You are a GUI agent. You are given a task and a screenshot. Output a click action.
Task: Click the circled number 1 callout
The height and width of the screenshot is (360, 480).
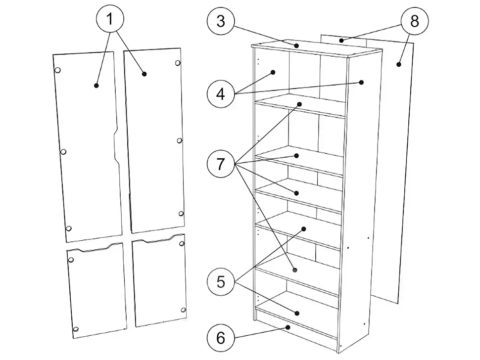pos(110,19)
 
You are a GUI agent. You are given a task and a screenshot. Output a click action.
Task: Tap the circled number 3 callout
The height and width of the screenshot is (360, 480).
pos(221,21)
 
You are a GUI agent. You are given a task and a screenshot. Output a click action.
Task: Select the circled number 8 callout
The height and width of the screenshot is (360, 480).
pos(415,21)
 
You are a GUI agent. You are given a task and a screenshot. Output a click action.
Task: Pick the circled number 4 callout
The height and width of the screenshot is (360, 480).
pos(221,93)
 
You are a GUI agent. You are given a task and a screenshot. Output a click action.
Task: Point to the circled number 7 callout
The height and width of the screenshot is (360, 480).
pos(221,164)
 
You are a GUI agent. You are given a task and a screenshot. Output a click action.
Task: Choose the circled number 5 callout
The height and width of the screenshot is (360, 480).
pos(221,281)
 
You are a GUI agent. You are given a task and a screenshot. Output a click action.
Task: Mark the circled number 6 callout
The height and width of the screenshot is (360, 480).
pos(221,338)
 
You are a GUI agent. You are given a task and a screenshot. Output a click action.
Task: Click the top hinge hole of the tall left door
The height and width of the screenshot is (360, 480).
pos(57,70)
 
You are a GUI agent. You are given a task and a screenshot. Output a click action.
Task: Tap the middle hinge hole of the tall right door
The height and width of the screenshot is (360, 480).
pos(180,140)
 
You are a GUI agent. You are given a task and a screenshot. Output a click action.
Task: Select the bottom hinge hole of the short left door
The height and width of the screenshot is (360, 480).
pos(76,329)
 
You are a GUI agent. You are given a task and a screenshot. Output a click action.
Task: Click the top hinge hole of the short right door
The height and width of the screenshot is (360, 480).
pos(182,243)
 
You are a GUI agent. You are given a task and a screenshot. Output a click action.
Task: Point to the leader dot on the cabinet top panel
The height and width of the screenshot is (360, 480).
pos(296,46)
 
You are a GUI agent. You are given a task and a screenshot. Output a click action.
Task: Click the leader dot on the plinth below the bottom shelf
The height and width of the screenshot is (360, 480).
pos(288,327)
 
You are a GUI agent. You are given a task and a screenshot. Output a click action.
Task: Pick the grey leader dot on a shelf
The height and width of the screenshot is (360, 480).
pos(295,270)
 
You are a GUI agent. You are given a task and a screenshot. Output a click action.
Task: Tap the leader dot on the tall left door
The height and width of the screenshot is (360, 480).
pos(96,86)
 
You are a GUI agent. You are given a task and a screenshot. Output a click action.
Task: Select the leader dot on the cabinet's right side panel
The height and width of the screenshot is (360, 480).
pos(362,82)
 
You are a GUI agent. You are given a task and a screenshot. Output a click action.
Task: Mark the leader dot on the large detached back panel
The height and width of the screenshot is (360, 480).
pos(398,64)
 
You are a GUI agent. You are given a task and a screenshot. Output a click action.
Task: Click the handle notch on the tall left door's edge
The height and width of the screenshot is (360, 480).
pos(116,145)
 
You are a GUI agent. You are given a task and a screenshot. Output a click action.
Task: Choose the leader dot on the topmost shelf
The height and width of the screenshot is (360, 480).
pos(300,104)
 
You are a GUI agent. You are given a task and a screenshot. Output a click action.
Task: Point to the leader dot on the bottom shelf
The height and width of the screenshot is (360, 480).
pos(296,313)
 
